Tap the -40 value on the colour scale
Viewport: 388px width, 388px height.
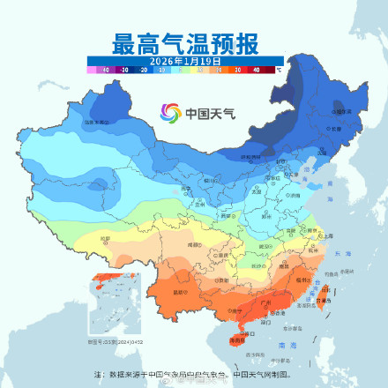(x=105, y=68)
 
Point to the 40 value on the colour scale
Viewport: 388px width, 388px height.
(x=256, y=68)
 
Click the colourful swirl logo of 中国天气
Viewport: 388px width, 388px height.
(x=169, y=113)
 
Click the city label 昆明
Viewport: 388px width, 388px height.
(x=183, y=292)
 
